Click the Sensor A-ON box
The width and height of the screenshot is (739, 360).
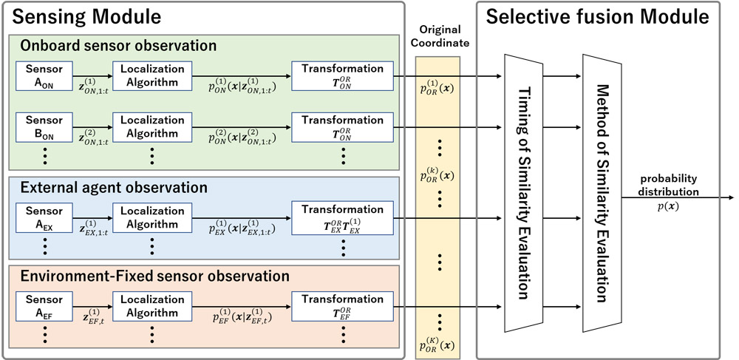click(x=43, y=75)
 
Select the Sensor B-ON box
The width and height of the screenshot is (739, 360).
click(x=43, y=126)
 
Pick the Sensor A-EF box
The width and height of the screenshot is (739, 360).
click(x=43, y=306)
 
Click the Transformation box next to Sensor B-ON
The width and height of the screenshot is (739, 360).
click(x=342, y=126)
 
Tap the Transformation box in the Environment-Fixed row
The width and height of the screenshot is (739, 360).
click(x=342, y=306)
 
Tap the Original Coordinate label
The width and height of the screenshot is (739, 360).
click(x=441, y=35)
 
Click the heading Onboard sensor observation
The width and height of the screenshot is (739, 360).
click(x=119, y=46)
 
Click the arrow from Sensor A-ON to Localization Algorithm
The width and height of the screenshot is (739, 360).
click(x=93, y=75)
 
